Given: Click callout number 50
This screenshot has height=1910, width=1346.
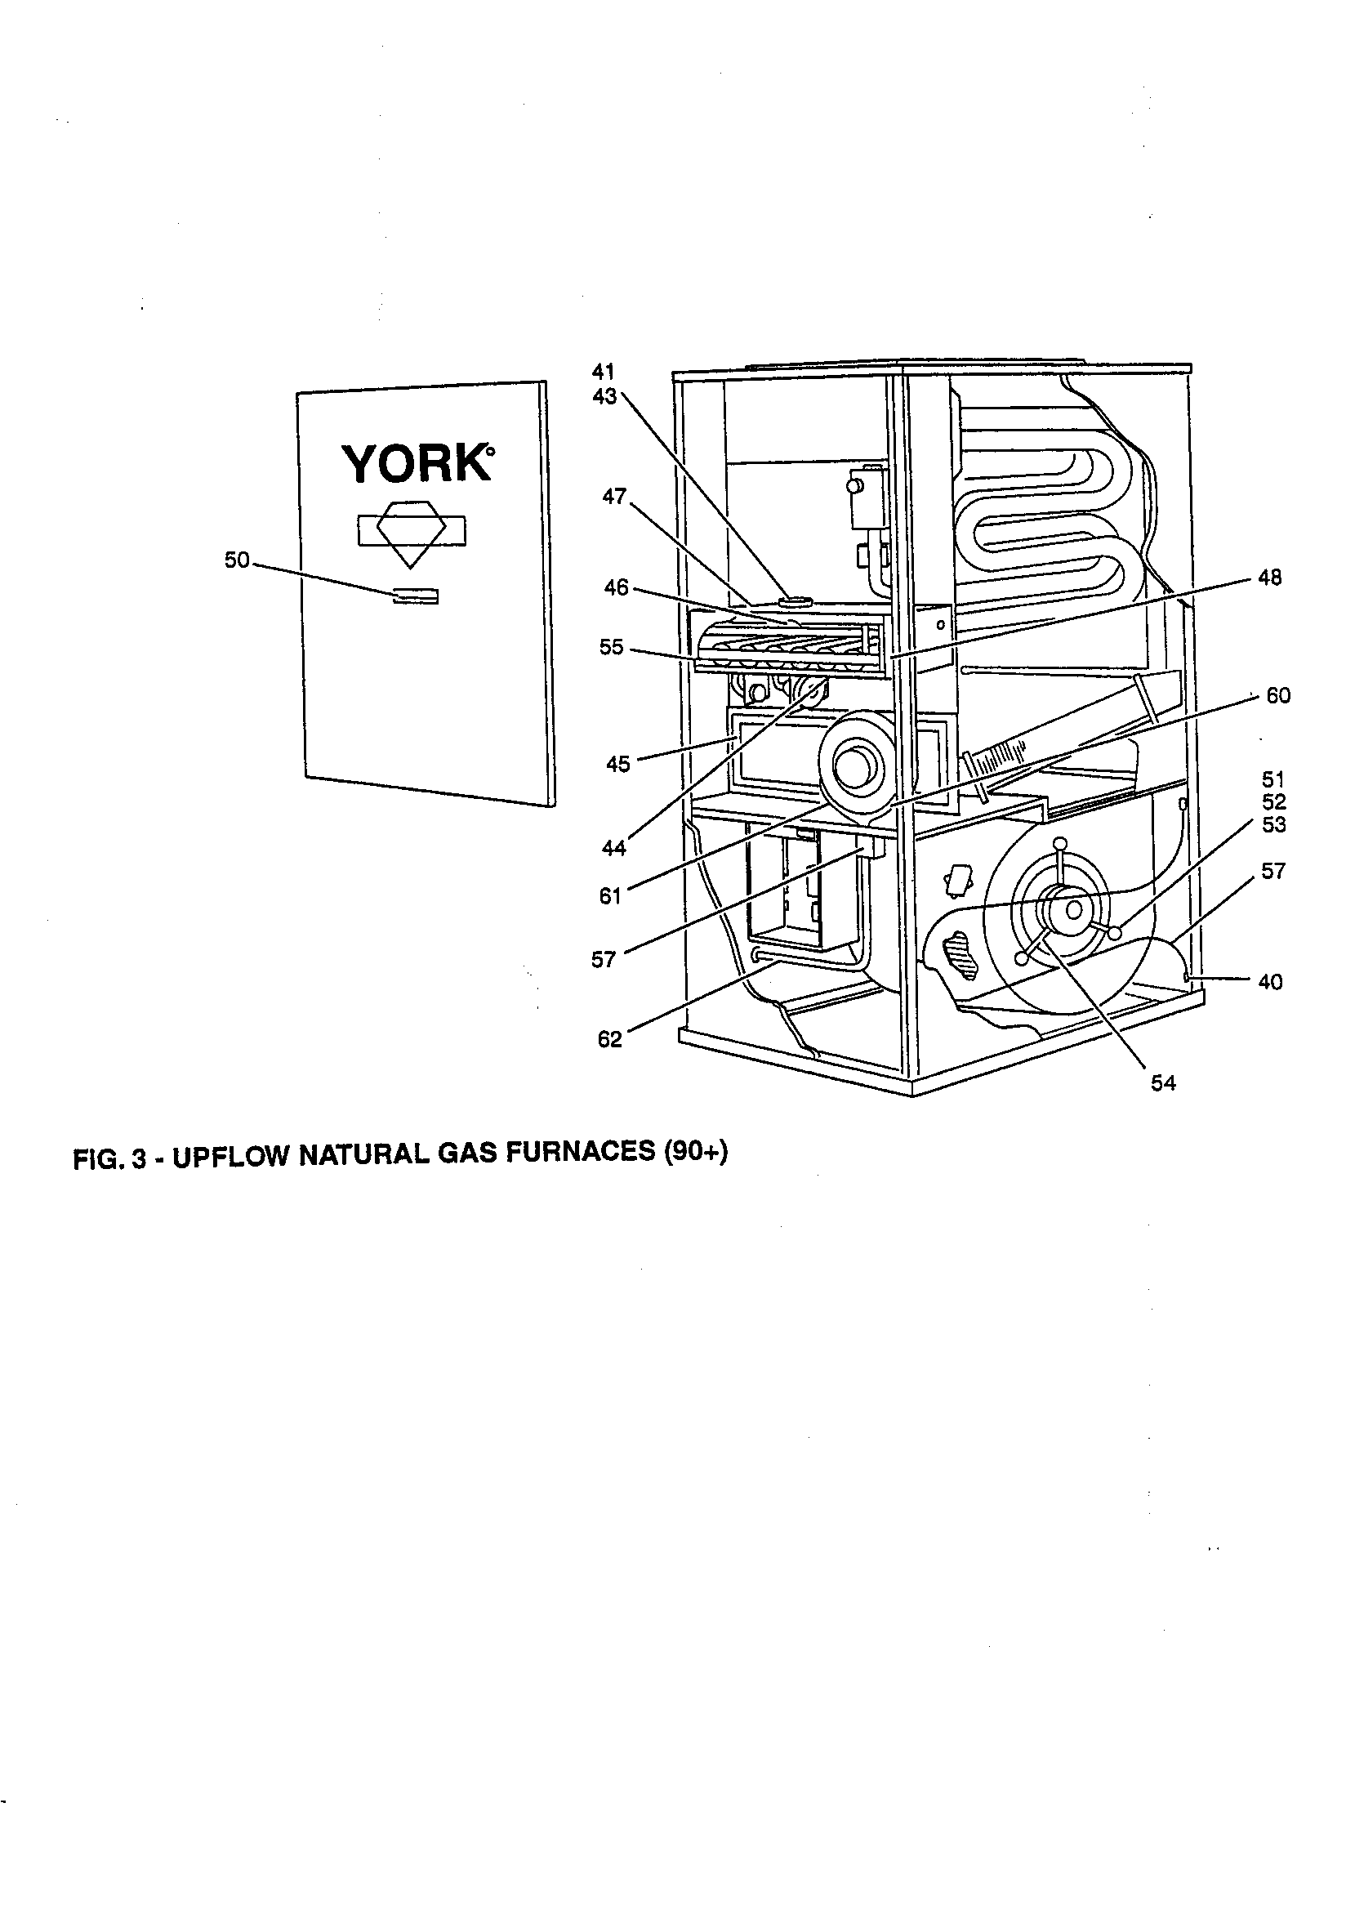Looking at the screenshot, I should coord(236,560).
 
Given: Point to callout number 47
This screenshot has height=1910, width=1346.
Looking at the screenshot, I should coord(614,497).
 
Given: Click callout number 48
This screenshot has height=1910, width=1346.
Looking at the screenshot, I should coord(1269,578).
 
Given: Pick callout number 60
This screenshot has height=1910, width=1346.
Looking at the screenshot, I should coord(1277,695).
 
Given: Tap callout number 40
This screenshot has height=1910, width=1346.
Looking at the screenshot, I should coord(1270,982).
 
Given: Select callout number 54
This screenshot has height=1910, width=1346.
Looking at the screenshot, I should coord(1162,1082).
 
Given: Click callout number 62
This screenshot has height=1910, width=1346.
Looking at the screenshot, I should coord(610,1039).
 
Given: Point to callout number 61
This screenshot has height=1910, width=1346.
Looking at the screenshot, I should coord(611,897).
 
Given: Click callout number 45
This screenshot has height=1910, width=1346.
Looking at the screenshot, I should coord(618,764).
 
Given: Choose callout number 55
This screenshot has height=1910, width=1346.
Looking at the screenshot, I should coord(612,647).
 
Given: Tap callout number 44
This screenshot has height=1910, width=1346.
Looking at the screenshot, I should coord(614,848).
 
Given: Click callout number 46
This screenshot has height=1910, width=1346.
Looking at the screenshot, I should coord(616,588).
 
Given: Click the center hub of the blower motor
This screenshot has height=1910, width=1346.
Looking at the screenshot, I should coord(1073,909).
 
